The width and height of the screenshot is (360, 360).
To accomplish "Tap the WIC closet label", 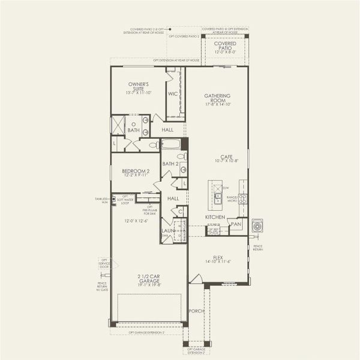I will [172, 94].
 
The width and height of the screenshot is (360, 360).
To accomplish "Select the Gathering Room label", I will [218, 98].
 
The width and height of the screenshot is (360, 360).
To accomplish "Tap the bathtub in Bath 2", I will [172, 145].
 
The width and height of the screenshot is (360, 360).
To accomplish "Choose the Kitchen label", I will [215, 217].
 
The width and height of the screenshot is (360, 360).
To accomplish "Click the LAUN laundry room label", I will [167, 230].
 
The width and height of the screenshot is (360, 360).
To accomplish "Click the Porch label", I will [196, 311].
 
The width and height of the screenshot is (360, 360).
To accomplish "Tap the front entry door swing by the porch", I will [196, 278].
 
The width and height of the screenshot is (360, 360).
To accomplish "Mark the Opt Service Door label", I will [104, 263].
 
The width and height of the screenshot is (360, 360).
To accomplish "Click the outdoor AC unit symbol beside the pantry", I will [257, 226].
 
